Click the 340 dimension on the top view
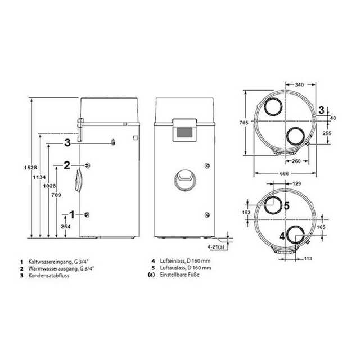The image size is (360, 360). tap(300, 84)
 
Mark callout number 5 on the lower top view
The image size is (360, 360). tap(286, 206)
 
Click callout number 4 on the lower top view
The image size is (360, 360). tap(280, 235)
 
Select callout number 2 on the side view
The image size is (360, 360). tap(66, 165)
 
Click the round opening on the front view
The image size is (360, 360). tap(183, 179)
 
